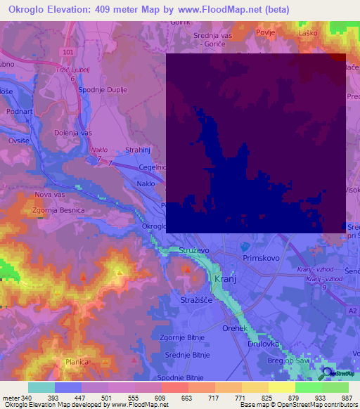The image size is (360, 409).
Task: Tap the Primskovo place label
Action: [261, 258]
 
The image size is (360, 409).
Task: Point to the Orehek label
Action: [232, 328]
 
